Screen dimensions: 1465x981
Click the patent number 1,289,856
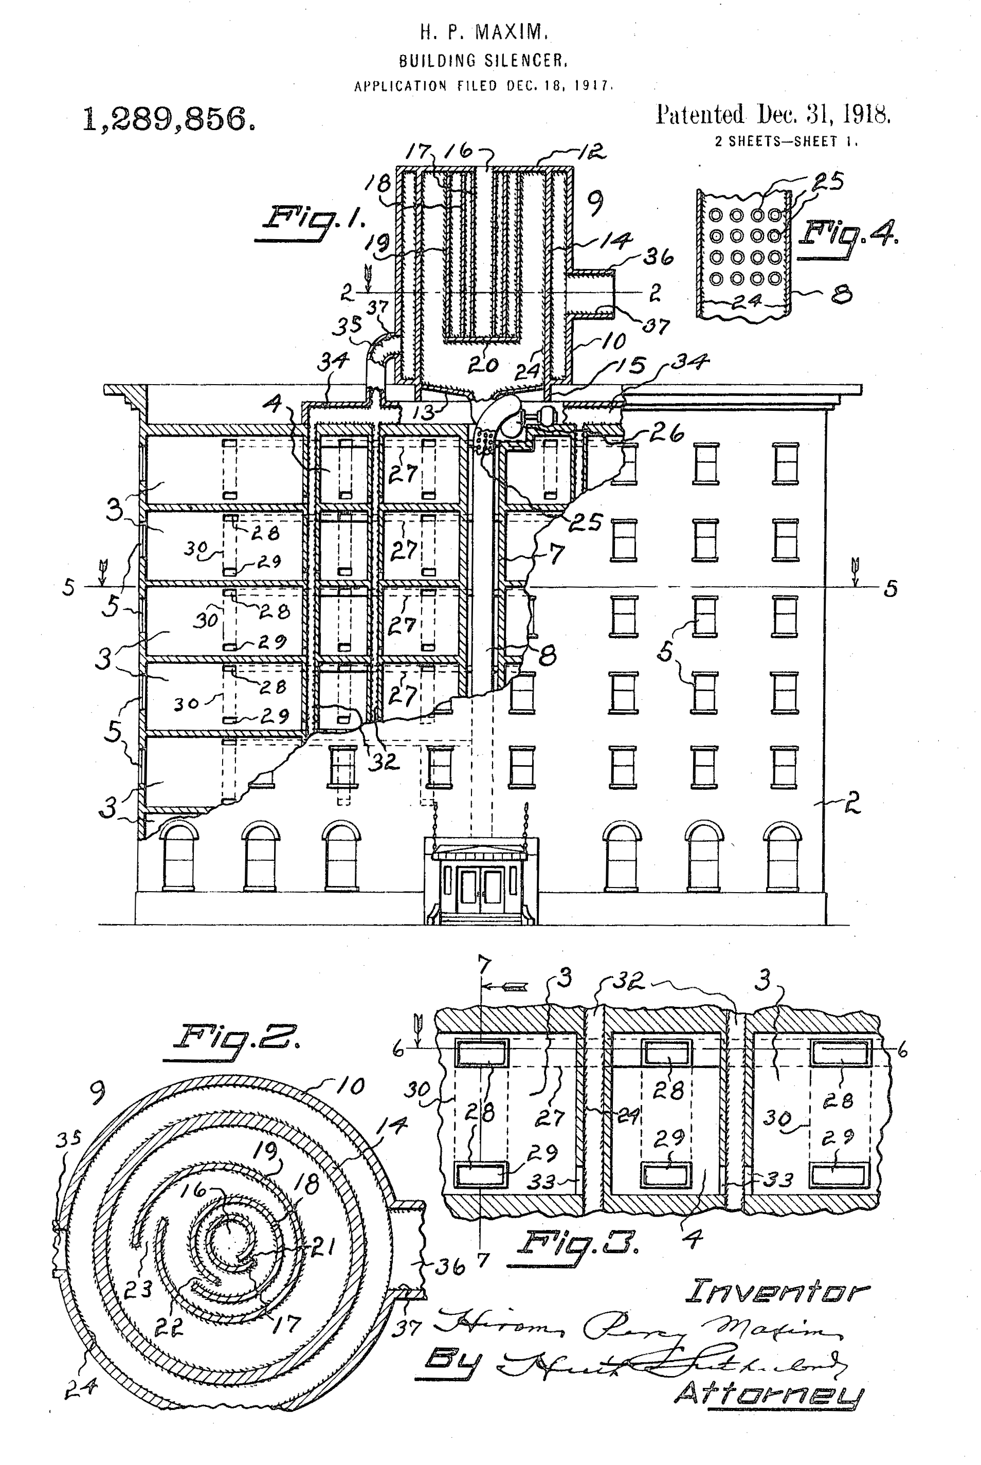tap(169, 119)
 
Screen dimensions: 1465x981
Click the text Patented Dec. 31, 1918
tap(773, 115)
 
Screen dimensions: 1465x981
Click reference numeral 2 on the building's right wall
tap(851, 803)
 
